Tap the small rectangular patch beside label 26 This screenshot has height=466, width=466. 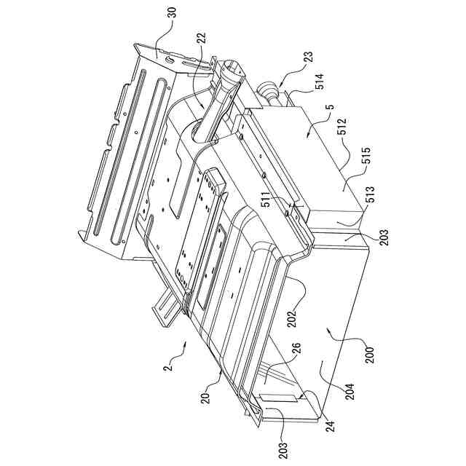tap(281, 398)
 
